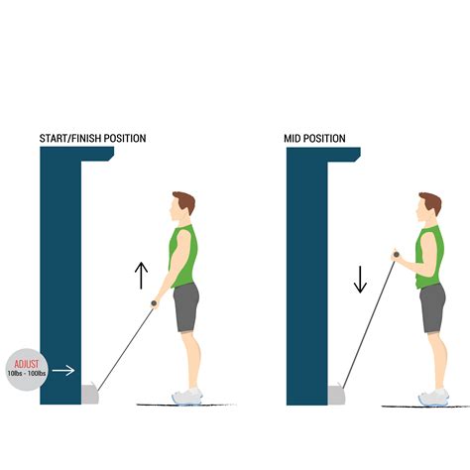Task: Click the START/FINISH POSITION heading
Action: tap(90, 138)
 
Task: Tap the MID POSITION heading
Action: tap(315, 138)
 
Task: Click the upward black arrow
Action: tap(141, 275)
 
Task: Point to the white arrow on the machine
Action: tap(64, 371)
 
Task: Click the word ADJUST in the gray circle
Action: tap(23, 363)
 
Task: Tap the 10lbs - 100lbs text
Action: tap(23, 373)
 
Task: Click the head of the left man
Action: tap(181, 208)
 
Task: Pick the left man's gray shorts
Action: tap(186, 307)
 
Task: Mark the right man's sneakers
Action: tap(433, 397)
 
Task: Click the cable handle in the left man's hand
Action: tap(155, 304)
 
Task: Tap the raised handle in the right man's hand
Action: tap(395, 256)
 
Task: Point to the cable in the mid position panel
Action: tap(367, 322)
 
